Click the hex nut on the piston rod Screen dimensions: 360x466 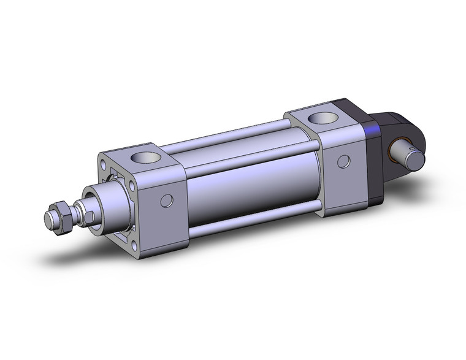[62, 217]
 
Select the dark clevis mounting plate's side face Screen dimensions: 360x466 [374, 166]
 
